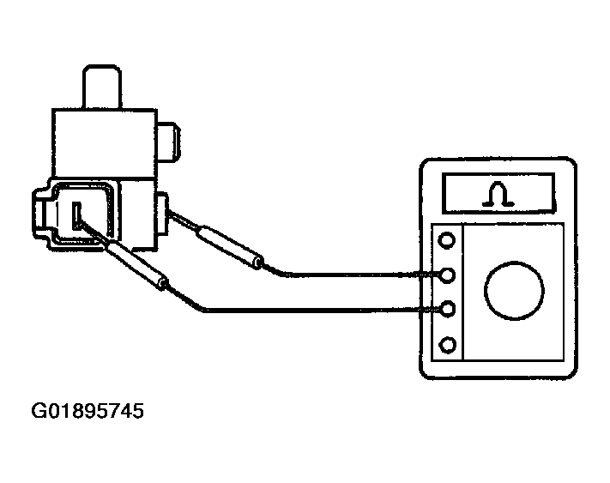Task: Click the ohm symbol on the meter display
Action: [x=498, y=195]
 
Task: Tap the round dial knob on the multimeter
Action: [x=514, y=291]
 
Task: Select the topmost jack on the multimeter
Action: [x=447, y=240]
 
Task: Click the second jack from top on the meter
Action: [x=447, y=275]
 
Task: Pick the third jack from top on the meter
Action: [x=447, y=309]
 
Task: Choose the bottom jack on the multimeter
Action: [x=447, y=345]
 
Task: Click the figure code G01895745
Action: [x=88, y=411]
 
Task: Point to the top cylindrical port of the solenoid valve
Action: [x=102, y=87]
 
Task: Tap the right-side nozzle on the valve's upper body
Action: [x=168, y=142]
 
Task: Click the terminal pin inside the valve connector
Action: [x=77, y=216]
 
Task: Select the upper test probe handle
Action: [x=230, y=246]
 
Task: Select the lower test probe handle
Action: [x=136, y=264]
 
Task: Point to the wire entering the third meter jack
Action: [x=304, y=310]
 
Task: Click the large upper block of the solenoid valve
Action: [x=105, y=143]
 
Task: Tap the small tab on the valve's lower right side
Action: [x=162, y=213]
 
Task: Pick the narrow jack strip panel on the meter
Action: [x=447, y=292]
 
